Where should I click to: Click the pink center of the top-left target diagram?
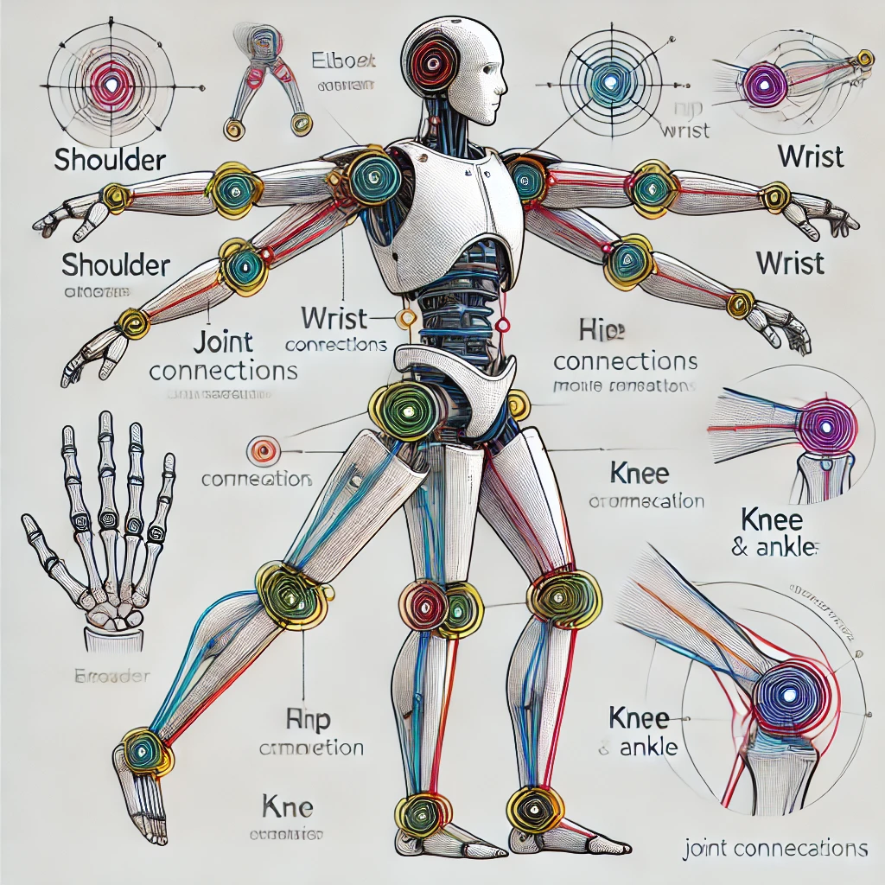[112, 84]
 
